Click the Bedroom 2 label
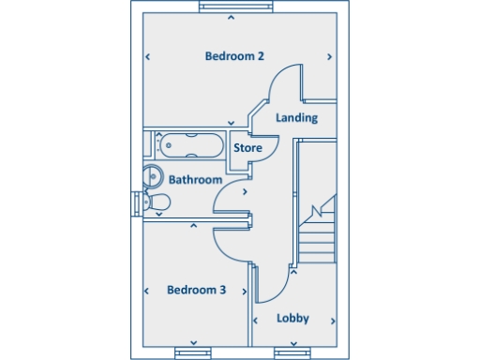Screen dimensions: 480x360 point(234,56)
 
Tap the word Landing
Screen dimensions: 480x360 point(297,118)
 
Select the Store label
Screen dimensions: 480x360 point(247,148)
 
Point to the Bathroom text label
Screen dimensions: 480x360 point(196,179)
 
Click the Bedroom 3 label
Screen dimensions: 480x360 point(196,290)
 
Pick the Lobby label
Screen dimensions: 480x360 point(292,319)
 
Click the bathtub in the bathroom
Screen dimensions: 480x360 point(189,145)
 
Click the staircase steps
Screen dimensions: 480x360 point(317,234)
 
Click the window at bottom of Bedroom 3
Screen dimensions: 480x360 point(193,352)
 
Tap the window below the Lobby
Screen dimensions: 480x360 point(292,352)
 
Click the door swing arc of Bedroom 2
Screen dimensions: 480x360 point(283,82)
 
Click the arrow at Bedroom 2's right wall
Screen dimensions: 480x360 point(330,57)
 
